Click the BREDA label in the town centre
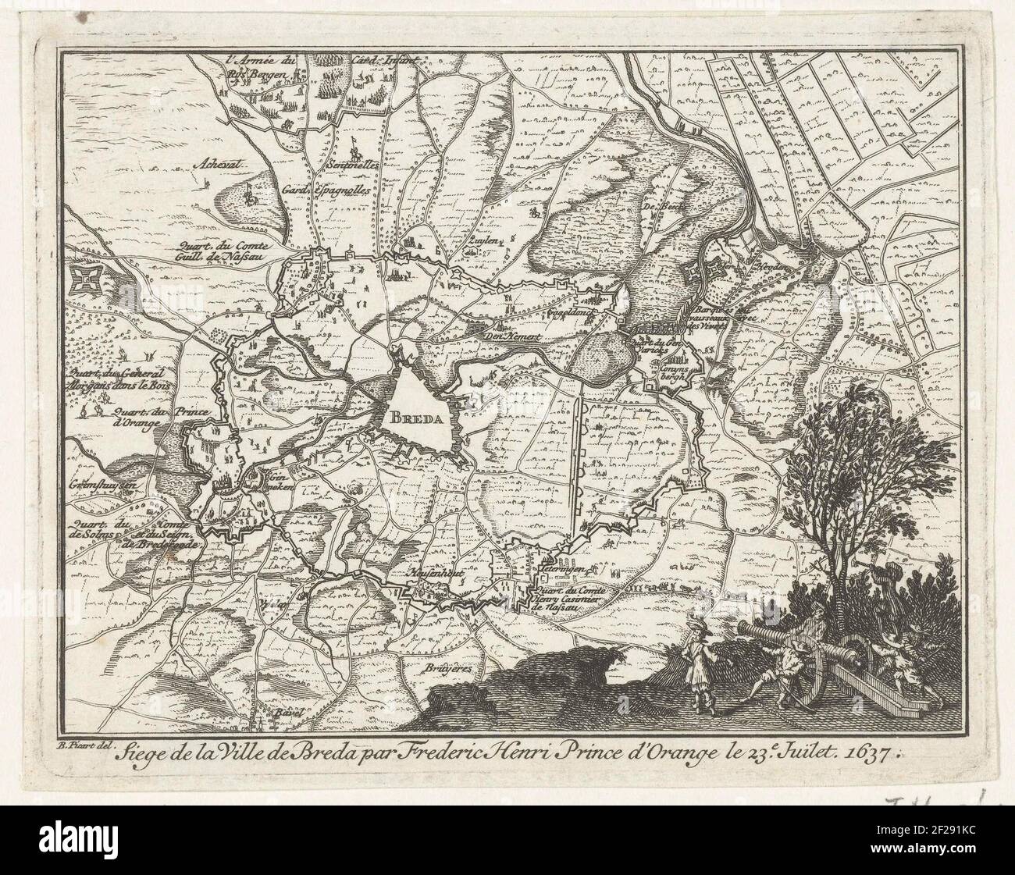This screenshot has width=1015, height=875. (417, 417)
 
